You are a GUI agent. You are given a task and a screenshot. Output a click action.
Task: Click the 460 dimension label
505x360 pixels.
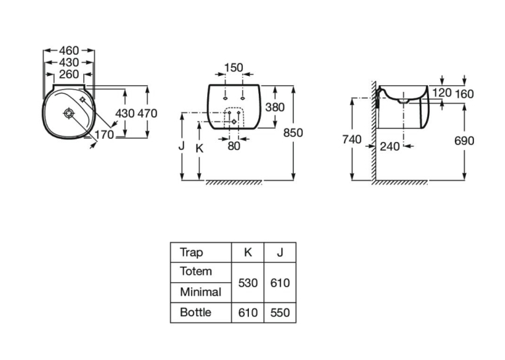[x=69, y=51]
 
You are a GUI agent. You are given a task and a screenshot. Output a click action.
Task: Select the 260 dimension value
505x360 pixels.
[x=69, y=75]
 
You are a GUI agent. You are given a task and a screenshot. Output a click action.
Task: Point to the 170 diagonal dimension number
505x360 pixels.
[x=104, y=134]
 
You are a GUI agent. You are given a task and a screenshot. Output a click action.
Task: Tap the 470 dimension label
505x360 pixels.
[x=147, y=114]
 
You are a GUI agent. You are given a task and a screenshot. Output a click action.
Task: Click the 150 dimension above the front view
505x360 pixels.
[x=234, y=68]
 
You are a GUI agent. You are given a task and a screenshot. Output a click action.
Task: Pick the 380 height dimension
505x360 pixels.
[x=275, y=107]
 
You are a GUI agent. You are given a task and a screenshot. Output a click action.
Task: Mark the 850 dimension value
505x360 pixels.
[x=293, y=133]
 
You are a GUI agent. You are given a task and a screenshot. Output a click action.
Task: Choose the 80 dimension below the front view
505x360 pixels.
[x=234, y=147]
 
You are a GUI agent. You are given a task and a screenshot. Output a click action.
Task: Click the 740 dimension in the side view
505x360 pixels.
[x=352, y=139]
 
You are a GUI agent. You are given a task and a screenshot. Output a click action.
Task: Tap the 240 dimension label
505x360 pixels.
[x=389, y=147]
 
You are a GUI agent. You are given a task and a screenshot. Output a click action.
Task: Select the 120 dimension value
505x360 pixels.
[x=442, y=93]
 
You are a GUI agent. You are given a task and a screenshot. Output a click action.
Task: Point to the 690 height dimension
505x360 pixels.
[x=464, y=141]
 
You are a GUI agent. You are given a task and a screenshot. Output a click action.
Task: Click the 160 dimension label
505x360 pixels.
[x=464, y=94]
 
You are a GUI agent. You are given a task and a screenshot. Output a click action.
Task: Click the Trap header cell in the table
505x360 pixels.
[x=191, y=252]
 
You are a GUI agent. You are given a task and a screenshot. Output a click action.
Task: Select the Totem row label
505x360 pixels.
[x=196, y=271]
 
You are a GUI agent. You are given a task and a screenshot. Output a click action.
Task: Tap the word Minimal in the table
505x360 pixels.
[x=201, y=292]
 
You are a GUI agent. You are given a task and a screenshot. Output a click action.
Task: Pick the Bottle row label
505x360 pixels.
[x=195, y=312]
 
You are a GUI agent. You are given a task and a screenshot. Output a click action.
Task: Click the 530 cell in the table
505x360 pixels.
[x=248, y=283]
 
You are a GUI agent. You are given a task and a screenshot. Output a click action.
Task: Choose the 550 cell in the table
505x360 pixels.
[x=280, y=312]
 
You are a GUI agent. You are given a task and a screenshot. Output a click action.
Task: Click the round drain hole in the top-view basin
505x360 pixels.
[x=69, y=114]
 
